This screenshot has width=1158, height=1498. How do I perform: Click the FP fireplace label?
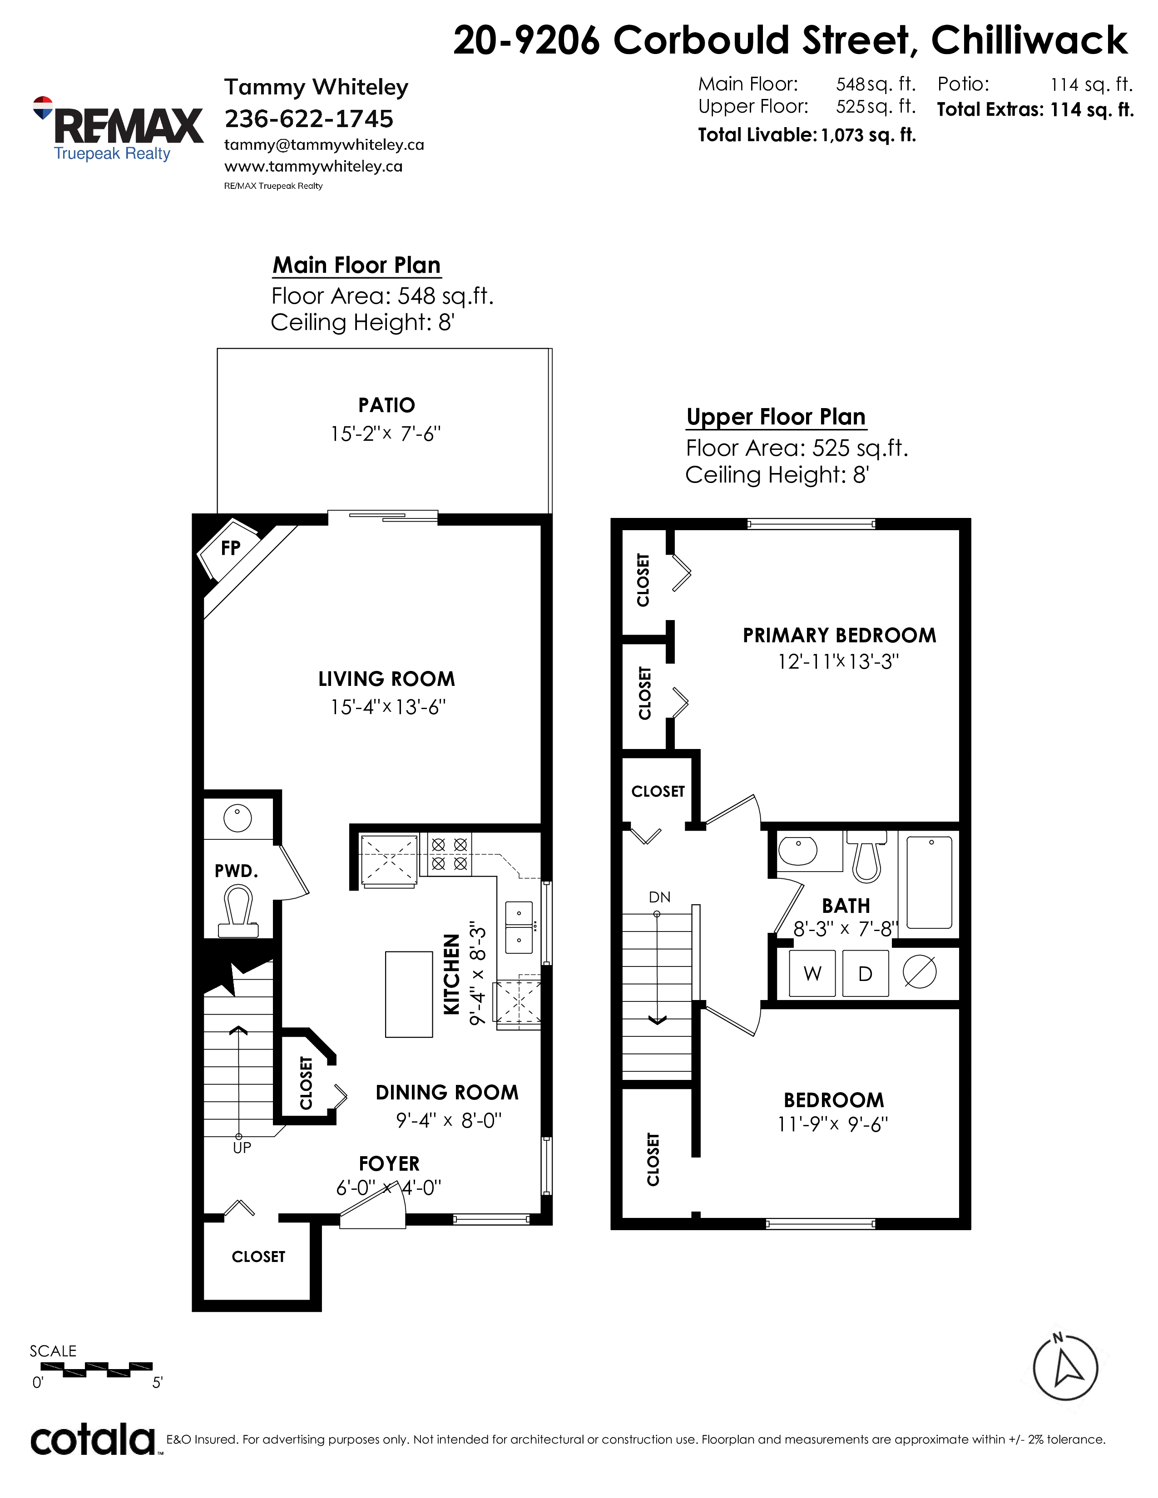click(231, 548)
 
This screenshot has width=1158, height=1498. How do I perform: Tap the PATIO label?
click(386, 405)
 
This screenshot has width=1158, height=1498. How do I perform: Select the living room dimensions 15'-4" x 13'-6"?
click(388, 706)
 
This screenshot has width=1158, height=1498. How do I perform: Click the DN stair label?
click(659, 897)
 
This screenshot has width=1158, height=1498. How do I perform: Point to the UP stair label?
click(242, 1148)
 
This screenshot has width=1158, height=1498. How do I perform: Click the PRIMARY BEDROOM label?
click(839, 635)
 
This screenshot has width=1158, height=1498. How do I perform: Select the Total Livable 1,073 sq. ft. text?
click(807, 135)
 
